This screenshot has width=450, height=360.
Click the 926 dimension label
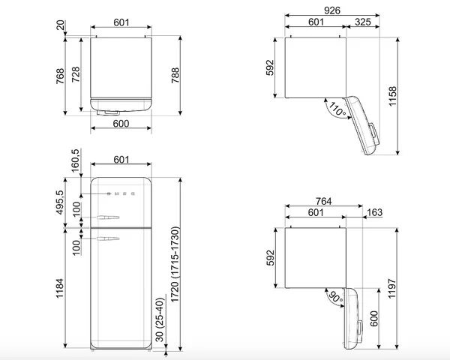[x=332, y=10]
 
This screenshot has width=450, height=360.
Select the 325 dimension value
[x=363, y=22]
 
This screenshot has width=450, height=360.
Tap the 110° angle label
[x=337, y=109]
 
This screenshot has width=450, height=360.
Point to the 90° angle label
[x=335, y=298]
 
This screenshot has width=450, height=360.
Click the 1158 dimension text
[x=392, y=96]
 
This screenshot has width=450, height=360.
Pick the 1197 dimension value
[x=392, y=288]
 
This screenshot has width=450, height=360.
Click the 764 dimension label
[x=324, y=201]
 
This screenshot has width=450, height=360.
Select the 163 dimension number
[x=375, y=212]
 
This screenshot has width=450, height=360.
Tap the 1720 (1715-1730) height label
[x=175, y=265]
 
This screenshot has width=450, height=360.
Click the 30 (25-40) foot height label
[x=160, y=319]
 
